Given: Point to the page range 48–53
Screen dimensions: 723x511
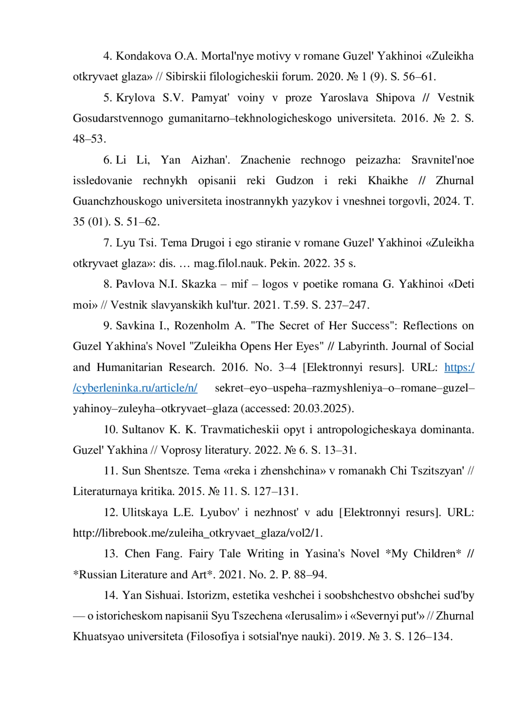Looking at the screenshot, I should coord(89,139).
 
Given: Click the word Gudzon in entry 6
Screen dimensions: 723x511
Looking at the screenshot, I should coord(294,181).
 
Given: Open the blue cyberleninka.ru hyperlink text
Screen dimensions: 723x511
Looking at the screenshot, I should coord(135,388).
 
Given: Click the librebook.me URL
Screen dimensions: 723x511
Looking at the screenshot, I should coord(198,533).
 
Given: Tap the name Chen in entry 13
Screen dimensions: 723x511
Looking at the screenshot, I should coord(136,554).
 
